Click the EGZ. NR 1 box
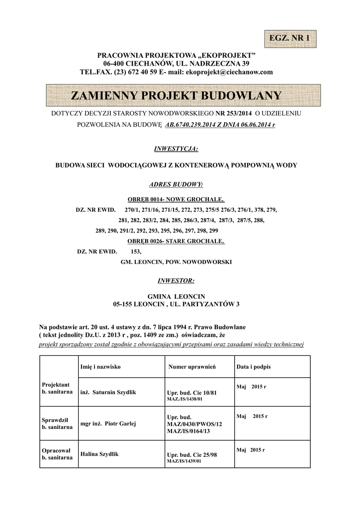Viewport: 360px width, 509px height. pyautogui.click(x=289, y=38)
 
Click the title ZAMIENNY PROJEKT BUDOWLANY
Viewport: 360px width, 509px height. pyautogui.click(x=176, y=95)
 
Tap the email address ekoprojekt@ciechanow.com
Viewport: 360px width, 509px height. pyautogui.click(x=229, y=72)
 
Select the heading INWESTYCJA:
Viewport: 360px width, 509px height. pyautogui.click(x=176, y=149)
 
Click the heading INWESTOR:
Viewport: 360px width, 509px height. pyautogui.click(x=176, y=280)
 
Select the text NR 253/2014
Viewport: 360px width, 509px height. pyautogui.click(x=233, y=114)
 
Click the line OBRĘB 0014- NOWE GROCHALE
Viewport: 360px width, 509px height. pyautogui.click(x=176, y=199)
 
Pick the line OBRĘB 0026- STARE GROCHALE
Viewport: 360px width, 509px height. pyautogui.click(x=176, y=242)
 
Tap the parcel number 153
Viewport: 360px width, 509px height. pyautogui.click(x=136, y=252)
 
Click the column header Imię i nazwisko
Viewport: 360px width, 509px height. pyautogui.click(x=100, y=366)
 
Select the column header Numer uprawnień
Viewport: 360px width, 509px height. pyautogui.click(x=192, y=367)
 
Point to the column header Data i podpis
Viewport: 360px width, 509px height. pyautogui.click(x=254, y=366)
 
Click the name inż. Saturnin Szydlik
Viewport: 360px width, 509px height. pyautogui.click(x=108, y=392)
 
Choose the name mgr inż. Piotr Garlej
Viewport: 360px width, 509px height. pyautogui.click(x=108, y=424)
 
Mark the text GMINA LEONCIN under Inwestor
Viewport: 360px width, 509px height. pyautogui.click(x=176, y=296)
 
